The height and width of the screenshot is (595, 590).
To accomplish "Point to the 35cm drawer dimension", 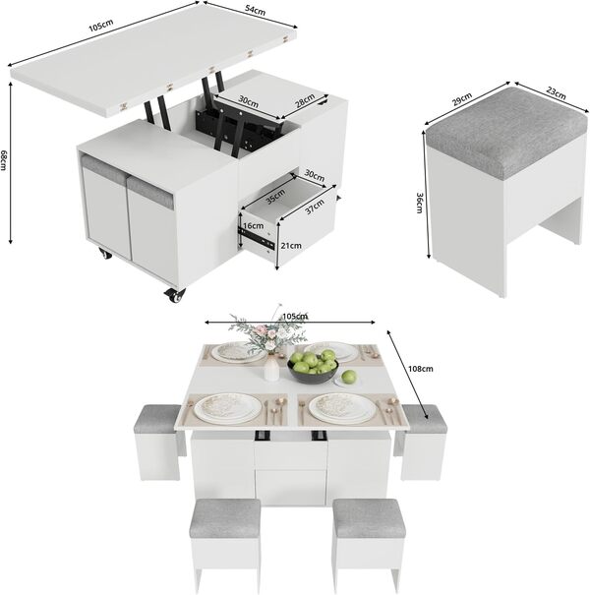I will point(273,195).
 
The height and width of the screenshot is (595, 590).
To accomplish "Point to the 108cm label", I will point(420,369).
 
